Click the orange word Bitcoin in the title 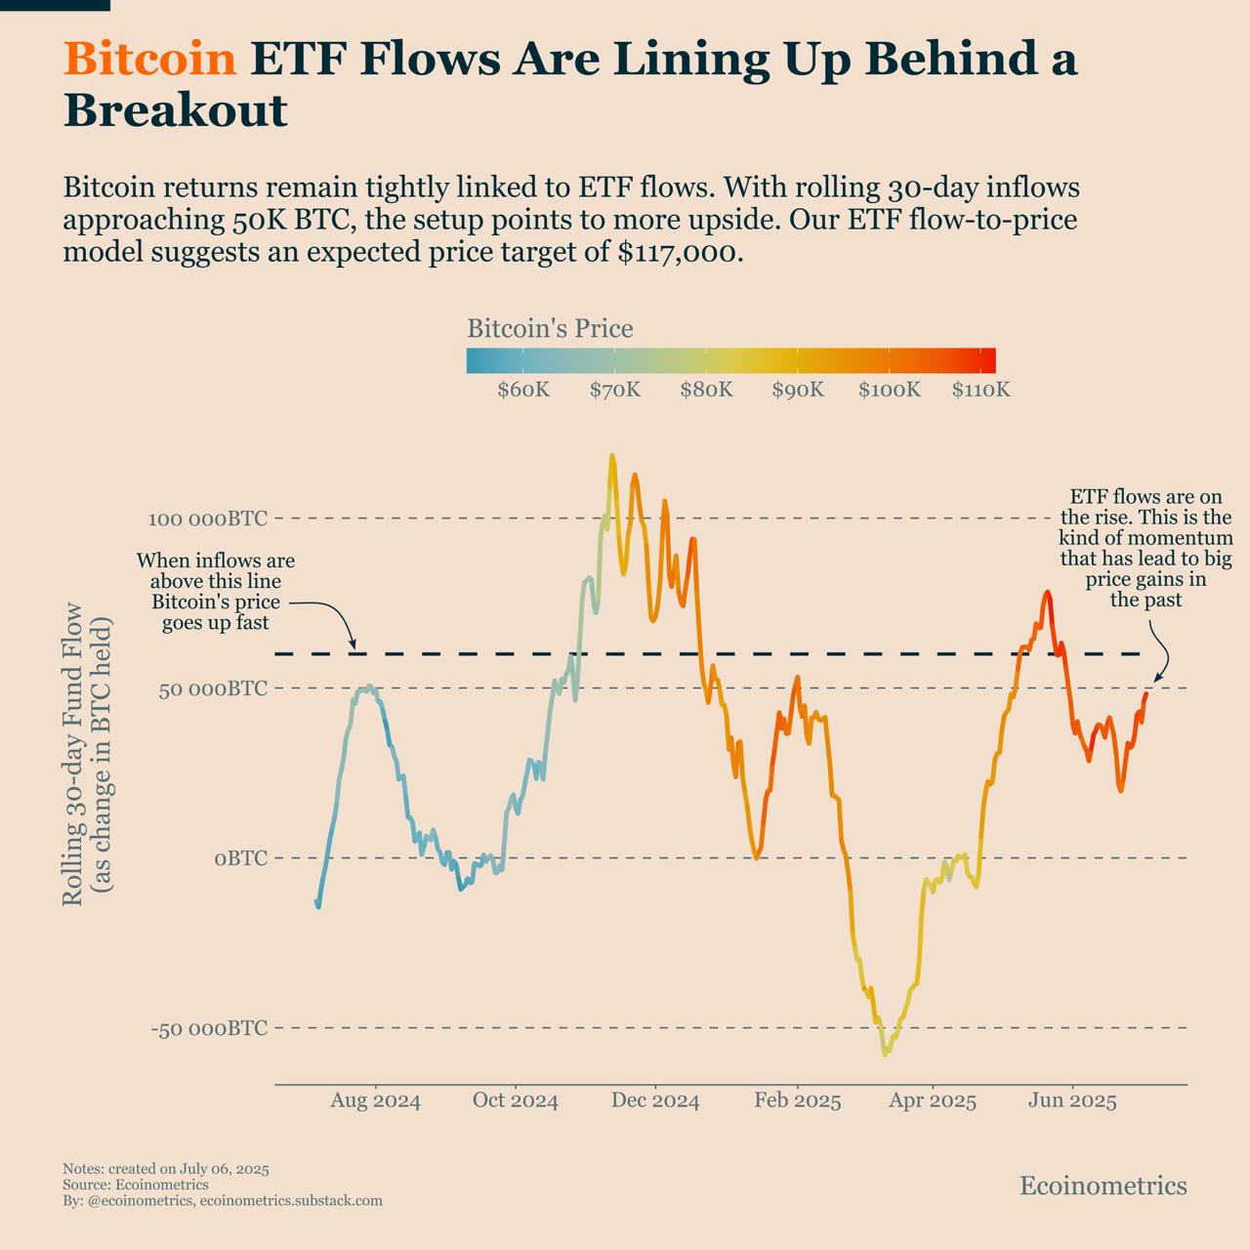[150, 61]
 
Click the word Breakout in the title [176, 111]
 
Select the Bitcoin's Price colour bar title [550, 329]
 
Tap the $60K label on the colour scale [523, 390]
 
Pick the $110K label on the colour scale [980, 390]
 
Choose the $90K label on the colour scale [798, 390]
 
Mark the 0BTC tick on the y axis [240, 858]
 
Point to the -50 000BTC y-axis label [209, 1028]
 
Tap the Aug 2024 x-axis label [375, 1102]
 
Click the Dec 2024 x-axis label [655, 1102]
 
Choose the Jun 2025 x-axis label [1072, 1102]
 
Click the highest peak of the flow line [612, 456]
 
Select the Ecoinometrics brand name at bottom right [1103, 1186]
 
